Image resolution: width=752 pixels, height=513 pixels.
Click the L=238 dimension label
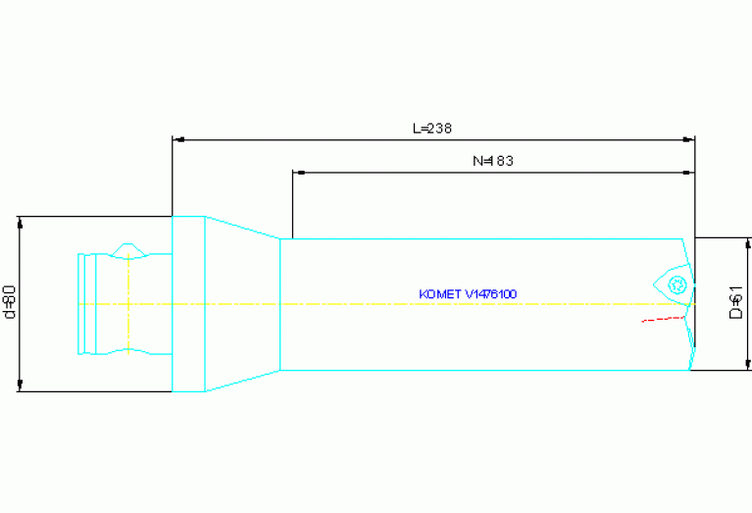click(431, 128)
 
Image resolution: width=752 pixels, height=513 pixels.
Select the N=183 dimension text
click(493, 161)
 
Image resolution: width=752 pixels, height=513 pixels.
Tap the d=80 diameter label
click(10, 302)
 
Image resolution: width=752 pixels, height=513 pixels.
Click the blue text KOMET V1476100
click(468, 293)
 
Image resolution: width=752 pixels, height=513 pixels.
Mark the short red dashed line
click(662, 318)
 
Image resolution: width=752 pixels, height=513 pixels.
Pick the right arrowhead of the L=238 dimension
click(688, 139)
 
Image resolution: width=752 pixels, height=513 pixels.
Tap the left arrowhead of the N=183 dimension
click(299, 173)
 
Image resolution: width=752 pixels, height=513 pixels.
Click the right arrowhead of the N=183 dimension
click(688, 173)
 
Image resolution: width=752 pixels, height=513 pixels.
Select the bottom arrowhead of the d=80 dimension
click(20, 385)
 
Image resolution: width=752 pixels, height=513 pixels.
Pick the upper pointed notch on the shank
click(126, 248)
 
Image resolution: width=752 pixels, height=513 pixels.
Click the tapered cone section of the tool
click(241, 304)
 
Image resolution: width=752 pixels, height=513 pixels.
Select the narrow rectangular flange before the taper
click(188, 304)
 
